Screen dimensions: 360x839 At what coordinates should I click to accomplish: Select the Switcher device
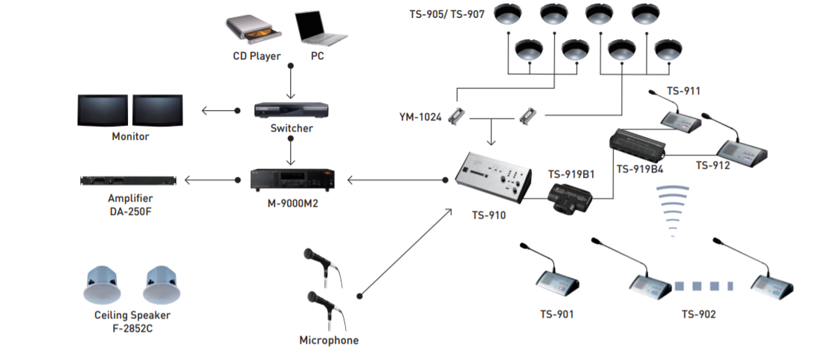tap(291, 110)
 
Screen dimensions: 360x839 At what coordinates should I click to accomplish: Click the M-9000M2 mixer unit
tap(291, 179)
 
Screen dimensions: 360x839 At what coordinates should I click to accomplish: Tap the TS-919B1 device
tap(570, 199)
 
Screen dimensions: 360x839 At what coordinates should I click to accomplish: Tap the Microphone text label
tap(328, 340)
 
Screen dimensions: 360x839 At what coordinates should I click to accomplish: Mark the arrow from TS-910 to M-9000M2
tap(394, 179)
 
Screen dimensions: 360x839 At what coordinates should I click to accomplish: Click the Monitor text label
tap(130, 137)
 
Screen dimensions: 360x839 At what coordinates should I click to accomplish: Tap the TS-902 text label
tap(698, 314)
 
